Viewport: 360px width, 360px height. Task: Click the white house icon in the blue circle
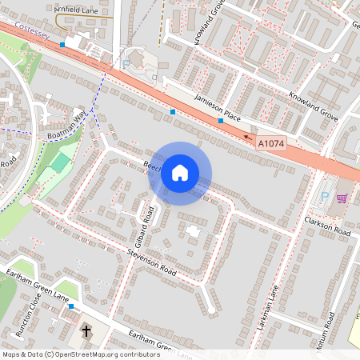point(180,173)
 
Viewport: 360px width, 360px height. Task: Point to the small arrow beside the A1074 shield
point(248,136)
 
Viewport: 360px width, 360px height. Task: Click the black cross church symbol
point(86,330)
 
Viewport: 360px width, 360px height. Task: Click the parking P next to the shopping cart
point(324,195)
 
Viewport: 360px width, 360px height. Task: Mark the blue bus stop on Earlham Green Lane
point(71,306)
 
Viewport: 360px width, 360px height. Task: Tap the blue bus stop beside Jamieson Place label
point(221,120)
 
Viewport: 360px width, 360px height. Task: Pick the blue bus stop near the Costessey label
point(62,45)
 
